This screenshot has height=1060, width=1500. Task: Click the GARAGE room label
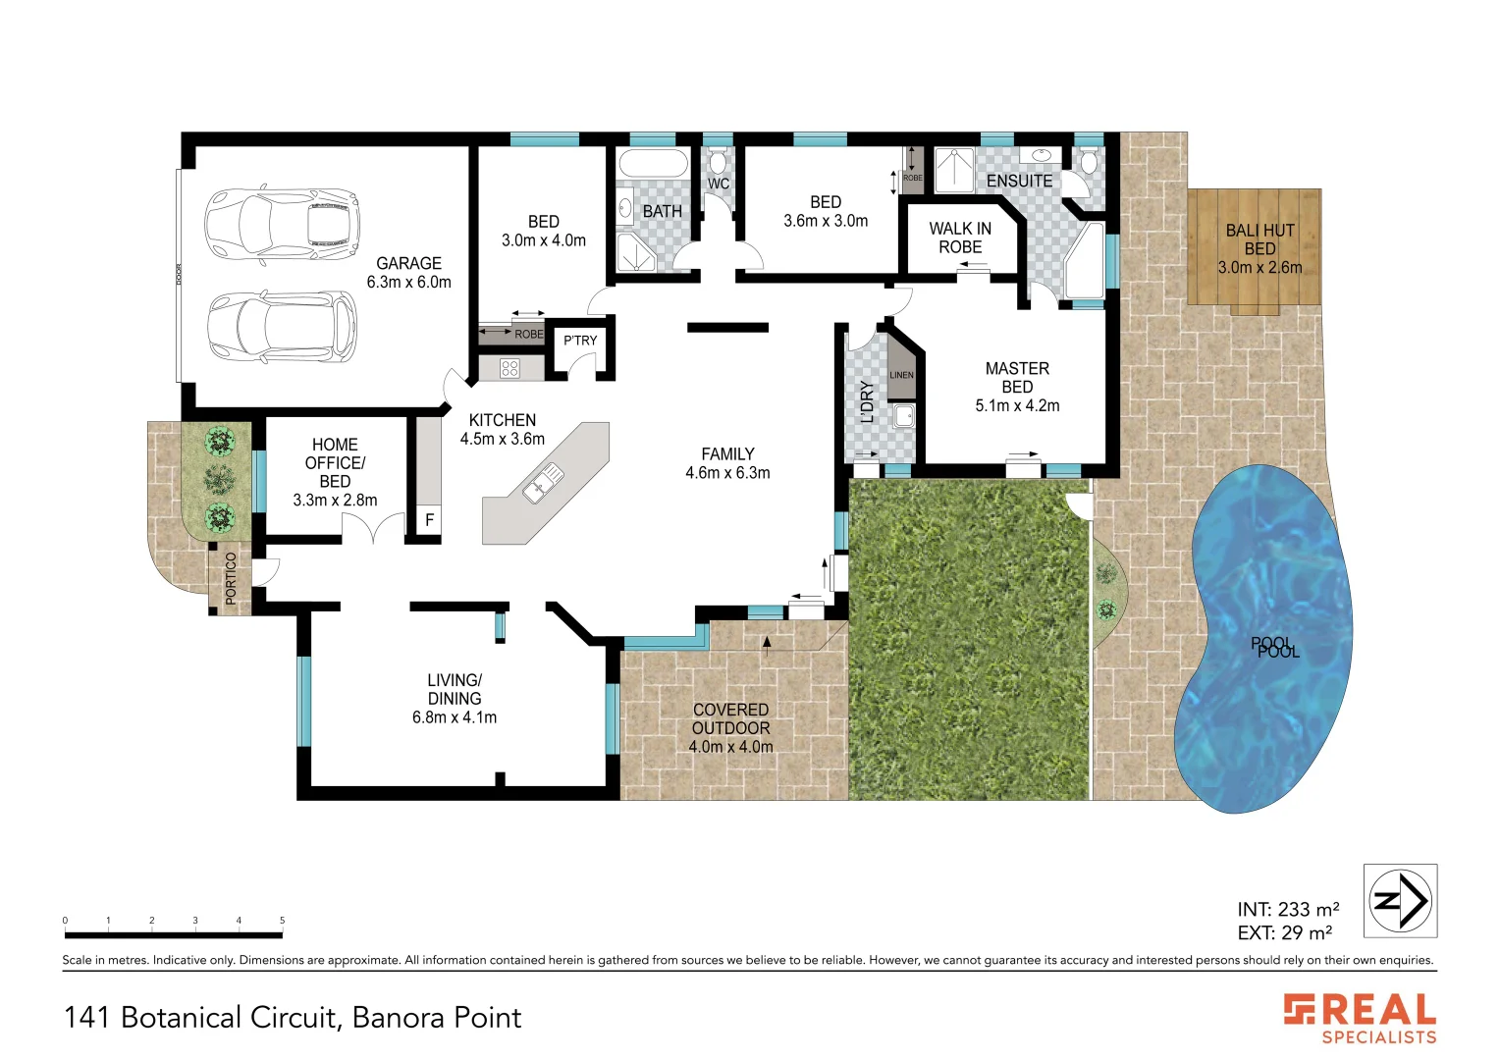408,264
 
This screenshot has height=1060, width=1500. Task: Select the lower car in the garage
282,327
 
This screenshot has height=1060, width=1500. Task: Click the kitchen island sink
543,483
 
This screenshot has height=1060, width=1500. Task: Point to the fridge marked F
429,520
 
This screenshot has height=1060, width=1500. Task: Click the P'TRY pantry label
580,341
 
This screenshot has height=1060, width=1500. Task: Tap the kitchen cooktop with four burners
509,369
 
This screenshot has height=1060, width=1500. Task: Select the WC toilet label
719,184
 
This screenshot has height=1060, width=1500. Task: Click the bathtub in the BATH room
654,164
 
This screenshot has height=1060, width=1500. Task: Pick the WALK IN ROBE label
960,238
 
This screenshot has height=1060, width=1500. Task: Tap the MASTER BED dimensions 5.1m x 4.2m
1017,405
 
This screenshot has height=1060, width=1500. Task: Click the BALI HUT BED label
1259,239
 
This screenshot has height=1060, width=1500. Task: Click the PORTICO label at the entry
232,577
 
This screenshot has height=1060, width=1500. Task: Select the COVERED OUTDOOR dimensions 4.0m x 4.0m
730,747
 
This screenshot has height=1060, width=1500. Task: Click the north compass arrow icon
1400,900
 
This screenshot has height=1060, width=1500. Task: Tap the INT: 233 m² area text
1288,910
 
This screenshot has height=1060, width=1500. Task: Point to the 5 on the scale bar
282,921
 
